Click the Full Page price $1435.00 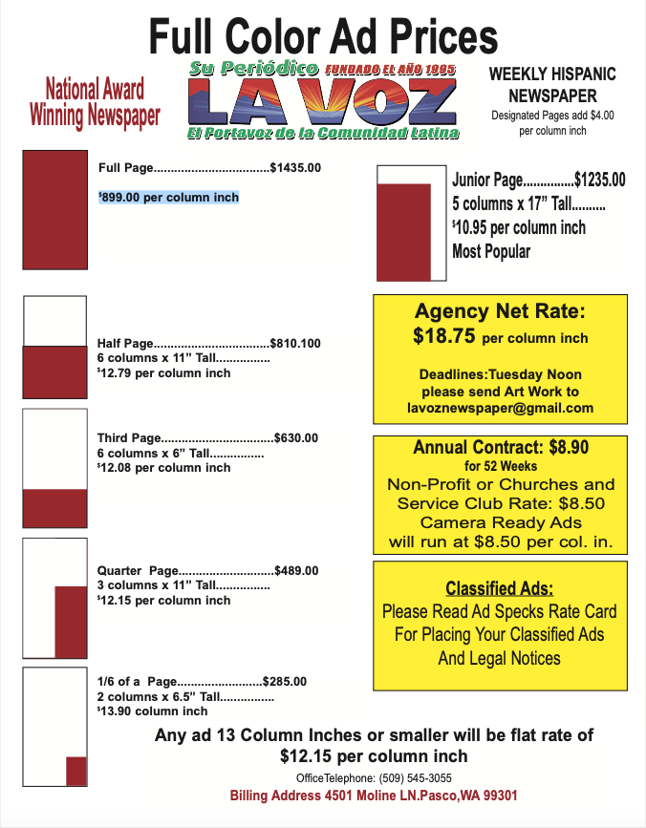click(295, 168)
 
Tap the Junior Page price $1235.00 click(599, 180)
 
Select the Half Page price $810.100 click(295, 343)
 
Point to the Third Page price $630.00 click(296, 438)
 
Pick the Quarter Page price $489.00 click(296, 570)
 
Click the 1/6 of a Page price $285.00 click(285, 681)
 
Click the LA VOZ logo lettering click(323, 102)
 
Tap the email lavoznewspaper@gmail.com click(500, 408)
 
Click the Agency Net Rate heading click(500, 311)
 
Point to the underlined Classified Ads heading click(500, 588)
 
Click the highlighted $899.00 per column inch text click(169, 198)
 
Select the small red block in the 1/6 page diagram click(76, 770)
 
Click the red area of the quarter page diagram click(71, 622)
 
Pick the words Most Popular click(491, 252)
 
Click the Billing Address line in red click(374, 796)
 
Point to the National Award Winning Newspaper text click(95, 103)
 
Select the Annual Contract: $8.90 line click(500, 448)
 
